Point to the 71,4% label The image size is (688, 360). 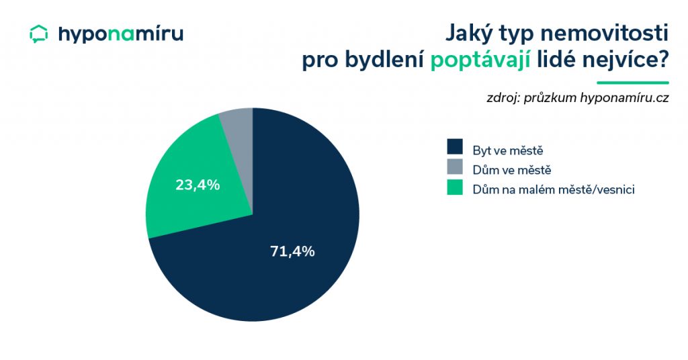click(x=292, y=251)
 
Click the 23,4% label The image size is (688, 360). click(x=198, y=185)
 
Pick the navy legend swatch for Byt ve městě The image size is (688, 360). click(x=455, y=146)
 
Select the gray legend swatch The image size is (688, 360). click(x=455, y=167)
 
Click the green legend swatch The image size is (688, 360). click(x=455, y=187)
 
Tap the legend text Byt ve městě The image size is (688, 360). click(x=508, y=150)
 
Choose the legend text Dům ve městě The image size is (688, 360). click(x=511, y=170)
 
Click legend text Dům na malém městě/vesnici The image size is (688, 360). click(x=554, y=189)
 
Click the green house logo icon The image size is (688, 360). click(x=38, y=34)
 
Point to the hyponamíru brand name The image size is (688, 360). click(x=121, y=34)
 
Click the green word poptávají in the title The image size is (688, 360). click(x=480, y=60)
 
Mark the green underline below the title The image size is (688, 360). click(x=633, y=83)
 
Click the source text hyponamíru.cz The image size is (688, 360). click(x=624, y=98)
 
